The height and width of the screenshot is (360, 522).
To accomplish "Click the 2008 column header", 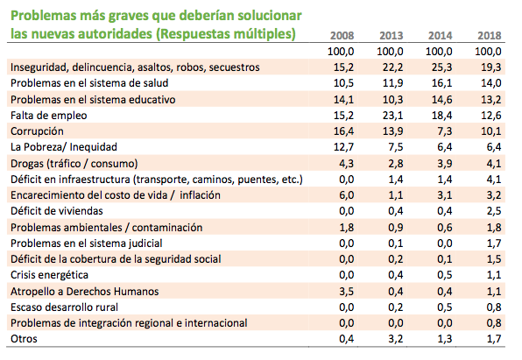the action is (x=342, y=35).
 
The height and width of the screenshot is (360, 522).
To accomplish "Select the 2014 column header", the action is (x=440, y=35).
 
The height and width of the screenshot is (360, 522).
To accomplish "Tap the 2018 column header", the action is (x=490, y=35).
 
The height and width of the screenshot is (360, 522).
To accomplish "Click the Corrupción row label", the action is (x=37, y=131).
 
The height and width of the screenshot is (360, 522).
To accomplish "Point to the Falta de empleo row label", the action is (x=48, y=116).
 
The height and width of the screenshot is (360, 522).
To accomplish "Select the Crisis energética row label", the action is (x=49, y=275).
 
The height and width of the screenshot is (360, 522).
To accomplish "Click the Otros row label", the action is (x=24, y=339).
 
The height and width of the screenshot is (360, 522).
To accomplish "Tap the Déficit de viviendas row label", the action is (x=57, y=211).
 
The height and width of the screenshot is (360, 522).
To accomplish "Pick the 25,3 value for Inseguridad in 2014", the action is (x=441, y=67).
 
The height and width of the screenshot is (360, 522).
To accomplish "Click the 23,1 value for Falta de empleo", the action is (x=393, y=116).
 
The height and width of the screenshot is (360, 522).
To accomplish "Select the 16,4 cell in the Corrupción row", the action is (x=343, y=131).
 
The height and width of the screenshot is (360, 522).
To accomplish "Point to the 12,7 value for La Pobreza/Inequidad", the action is (x=343, y=147).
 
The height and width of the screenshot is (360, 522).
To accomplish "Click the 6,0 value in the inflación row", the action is (x=346, y=195).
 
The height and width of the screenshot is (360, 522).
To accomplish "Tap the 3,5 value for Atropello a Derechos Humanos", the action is (x=346, y=292).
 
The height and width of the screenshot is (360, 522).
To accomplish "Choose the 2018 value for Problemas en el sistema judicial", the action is (x=494, y=244).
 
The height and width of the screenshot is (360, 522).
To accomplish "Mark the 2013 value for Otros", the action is (x=396, y=339).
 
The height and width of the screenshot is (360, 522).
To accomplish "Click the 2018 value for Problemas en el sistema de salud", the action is (x=491, y=83).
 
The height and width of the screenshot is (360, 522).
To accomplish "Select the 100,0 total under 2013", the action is (x=390, y=52).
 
